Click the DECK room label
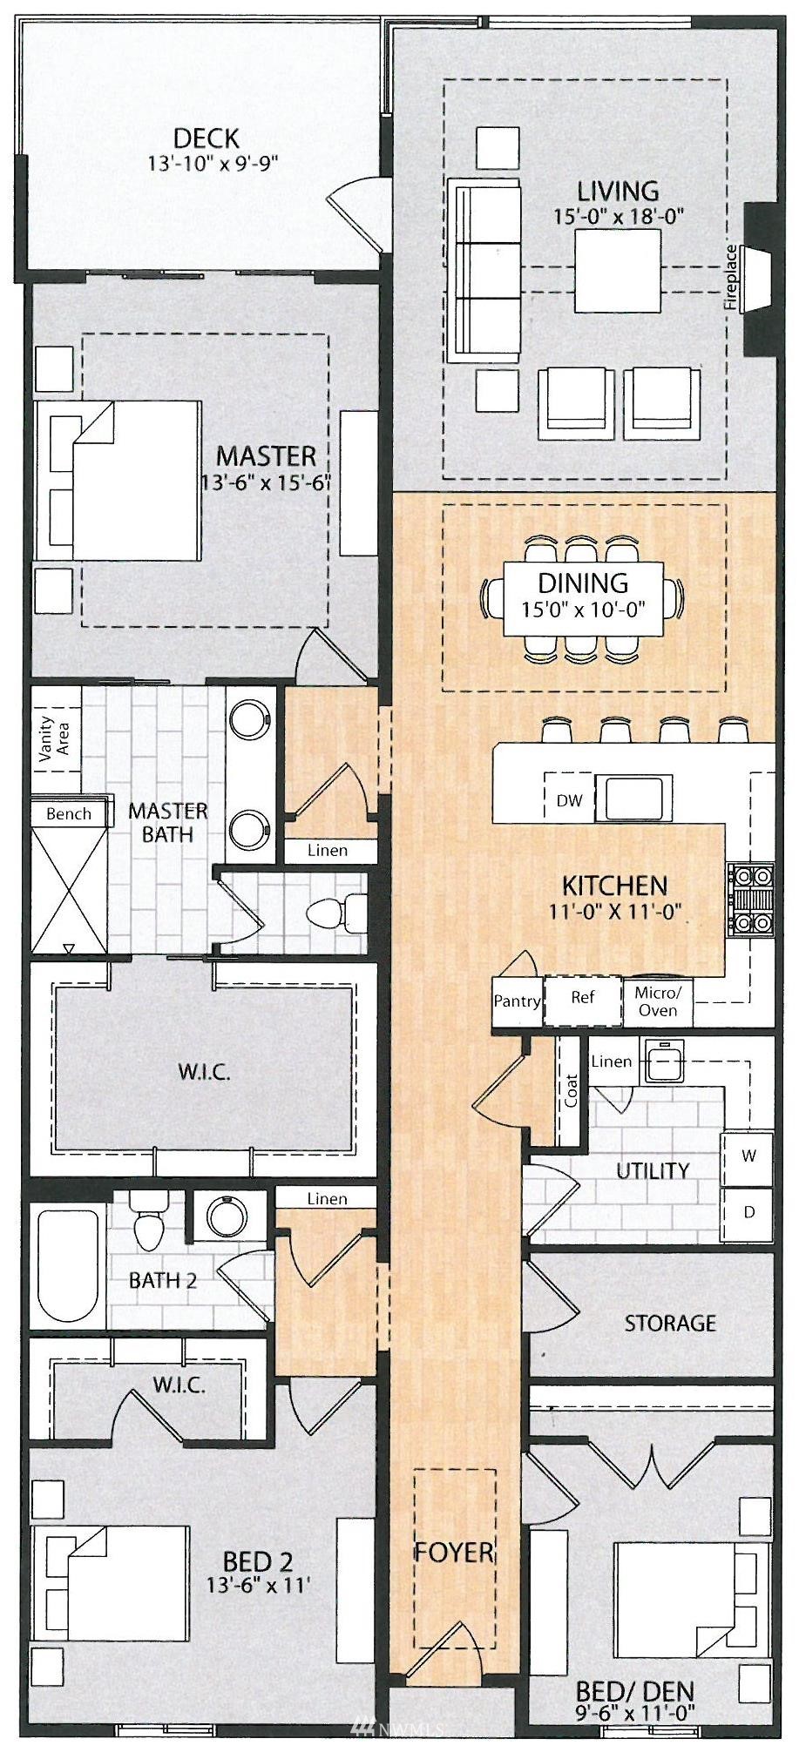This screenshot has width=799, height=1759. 206,138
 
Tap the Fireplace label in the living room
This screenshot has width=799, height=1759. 730,278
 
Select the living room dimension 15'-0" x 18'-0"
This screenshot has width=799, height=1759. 618,217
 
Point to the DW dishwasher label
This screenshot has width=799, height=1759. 569,801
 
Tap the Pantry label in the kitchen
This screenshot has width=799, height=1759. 517,1001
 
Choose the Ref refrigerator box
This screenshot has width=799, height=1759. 582,1001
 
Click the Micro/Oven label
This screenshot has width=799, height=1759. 657,1001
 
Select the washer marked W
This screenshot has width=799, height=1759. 748,1157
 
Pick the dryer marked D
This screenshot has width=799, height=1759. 748,1212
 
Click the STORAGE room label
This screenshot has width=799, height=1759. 670,1324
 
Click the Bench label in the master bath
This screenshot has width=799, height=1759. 68,813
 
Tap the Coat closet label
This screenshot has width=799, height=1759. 572,1091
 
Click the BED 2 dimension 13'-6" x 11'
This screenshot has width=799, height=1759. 258,1585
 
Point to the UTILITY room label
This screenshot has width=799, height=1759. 653,1171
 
